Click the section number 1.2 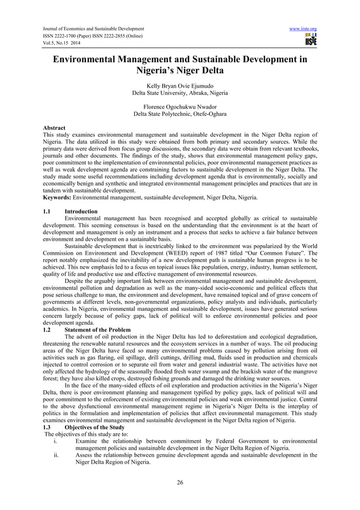tap(47, 330)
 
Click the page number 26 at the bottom tap(180, 482)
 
